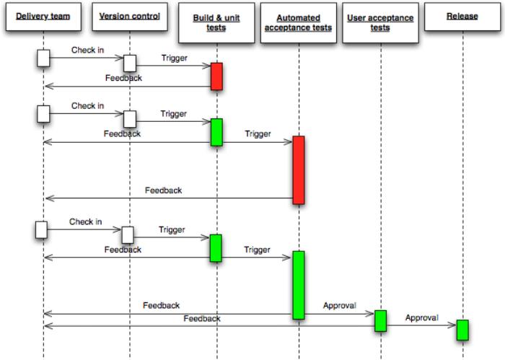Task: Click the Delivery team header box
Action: click(43, 16)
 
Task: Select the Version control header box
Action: click(129, 16)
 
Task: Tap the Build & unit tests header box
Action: click(215, 22)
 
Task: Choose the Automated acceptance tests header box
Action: click(298, 22)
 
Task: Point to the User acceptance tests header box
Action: click(379, 22)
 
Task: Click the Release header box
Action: click(462, 16)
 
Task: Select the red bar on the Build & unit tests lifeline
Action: click(216, 76)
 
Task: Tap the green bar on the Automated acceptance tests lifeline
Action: click(298, 284)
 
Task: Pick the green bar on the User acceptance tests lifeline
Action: click(379, 320)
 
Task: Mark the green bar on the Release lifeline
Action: click(462, 330)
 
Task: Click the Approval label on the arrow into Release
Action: click(421, 318)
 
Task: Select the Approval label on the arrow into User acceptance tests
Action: click(339, 305)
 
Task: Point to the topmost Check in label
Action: click(87, 51)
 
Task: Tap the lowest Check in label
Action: click(87, 222)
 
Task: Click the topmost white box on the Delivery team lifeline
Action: click(43, 58)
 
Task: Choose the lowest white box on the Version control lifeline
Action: click(128, 234)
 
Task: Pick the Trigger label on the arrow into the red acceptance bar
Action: click(258, 134)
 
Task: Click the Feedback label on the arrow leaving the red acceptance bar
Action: click(163, 191)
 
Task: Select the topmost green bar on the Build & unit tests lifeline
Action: click(216, 132)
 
